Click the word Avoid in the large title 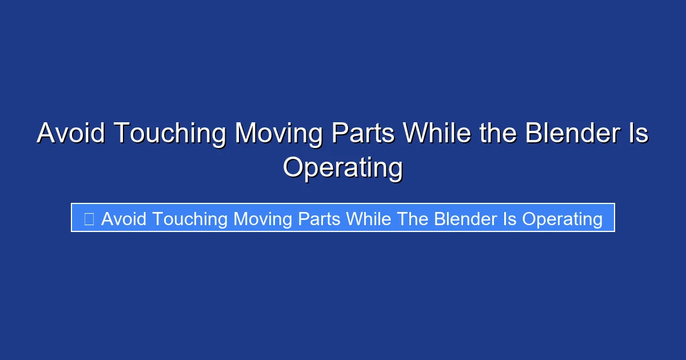pyautogui.click(x=71, y=133)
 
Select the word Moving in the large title pyautogui.click(x=279, y=135)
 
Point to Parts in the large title pyautogui.click(x=363, y=133)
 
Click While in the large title pyautogui.click(x=437, y=133)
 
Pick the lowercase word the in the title pyautogui.click(x=498, y=133)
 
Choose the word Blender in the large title pyautogui.click(x=573, y=133)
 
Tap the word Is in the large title pyautogui.click(x=639, y=133)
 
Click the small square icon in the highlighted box pyautogui.click(x=89, y=219)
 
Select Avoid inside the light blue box pyautogui.click(x=123, y=219)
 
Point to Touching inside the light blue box pyautogui.click(x=190, y=221)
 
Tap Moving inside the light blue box pyautogui.click(x=262, y=221)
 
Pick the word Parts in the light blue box pyautogui.click(x=319, y=219)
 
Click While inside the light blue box pyautogui.click(x=369, y=219)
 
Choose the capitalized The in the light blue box pyautogui.click(x=413, y=219)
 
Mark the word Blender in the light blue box pyautogui.click(x=466, y=219)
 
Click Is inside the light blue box pyautogui.click(x=509, y=219)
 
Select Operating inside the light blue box pyautogui.click(x=563, y=221)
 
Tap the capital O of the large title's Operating pyautogui.click(x=293, y=167)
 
